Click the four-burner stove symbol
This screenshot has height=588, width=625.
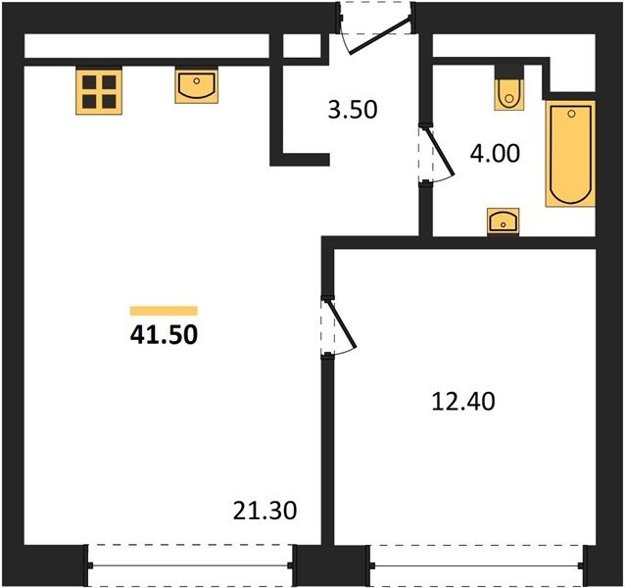click(99, 91)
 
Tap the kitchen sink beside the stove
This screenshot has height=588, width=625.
click(197, 86)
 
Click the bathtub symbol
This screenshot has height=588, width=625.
click(570, 154)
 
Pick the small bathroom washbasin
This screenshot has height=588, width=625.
click(503, 221)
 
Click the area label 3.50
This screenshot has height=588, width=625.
click(353, 110)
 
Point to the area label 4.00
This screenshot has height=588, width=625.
click(495, 154)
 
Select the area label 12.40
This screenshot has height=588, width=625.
click(463, 402)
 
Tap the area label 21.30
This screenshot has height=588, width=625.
click(265, 511)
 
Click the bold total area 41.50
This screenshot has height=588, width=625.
click(164, 335)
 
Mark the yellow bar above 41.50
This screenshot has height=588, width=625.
click(164, 311)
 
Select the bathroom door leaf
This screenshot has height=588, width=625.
click(440, 152)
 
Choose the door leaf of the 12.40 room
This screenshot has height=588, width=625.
click(342, 324)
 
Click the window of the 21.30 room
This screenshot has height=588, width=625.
click(190, 565)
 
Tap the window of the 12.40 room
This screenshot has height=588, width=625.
click(477, 565)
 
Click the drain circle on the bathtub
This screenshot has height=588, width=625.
click(571, 114)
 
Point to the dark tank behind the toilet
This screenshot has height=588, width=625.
click(509, 72)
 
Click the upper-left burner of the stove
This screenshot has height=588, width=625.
click(89, 82)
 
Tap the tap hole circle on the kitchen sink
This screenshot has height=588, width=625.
click(197, 81)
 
